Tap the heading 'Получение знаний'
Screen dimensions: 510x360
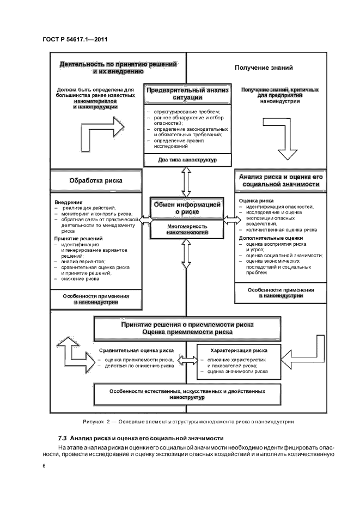coord(264,68)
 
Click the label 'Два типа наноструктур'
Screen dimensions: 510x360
coord(187,160)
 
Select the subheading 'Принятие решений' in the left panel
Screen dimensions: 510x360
coord(79,239)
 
